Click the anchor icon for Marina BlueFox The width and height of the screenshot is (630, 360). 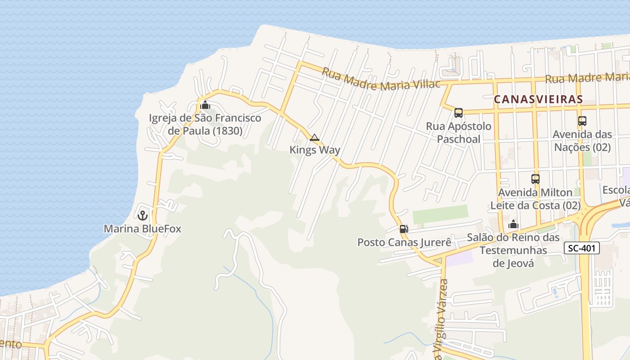[x=143, y=216]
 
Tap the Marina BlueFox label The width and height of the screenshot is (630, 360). [x=143, y=229]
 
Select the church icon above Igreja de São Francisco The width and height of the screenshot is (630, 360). [x=205, y=105]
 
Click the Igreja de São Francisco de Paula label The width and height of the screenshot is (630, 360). [x=205, y=125]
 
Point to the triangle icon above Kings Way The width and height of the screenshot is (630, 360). [x=315, y=137]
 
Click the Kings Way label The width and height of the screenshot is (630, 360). [x=315, y=150]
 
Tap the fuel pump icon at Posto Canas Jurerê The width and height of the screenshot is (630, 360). [x=404, y=229]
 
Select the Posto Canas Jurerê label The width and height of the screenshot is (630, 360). [x=404, y=242]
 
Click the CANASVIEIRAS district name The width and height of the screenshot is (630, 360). [x=538, y=99]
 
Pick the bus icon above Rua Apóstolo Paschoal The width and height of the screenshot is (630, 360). [x=459, y=113]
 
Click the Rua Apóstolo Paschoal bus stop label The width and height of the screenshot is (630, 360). [x=459, y=132]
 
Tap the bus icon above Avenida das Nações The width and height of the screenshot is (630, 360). [x=582, y=121]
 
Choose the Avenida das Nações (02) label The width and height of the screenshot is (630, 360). [x=582, y=140]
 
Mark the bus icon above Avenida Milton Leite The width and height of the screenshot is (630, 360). [x=535, y=179]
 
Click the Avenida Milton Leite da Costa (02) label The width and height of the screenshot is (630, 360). [x=535, y=199]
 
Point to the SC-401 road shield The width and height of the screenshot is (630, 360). [x=581, y=248]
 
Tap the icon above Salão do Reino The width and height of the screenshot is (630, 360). [x=513, y=224]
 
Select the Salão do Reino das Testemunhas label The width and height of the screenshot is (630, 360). [x=513, y=250]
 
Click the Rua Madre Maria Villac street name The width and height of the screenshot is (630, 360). [x=381, y=81]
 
